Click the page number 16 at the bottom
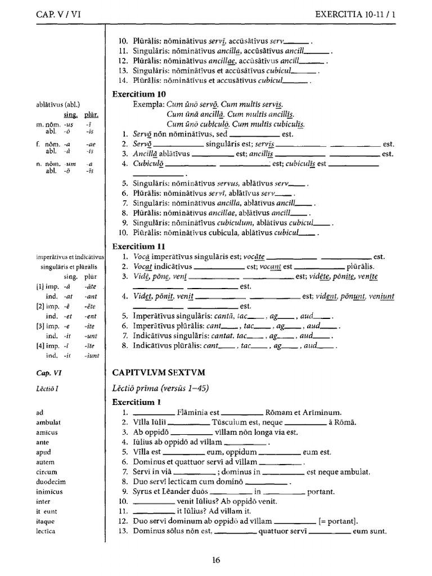(216, 559)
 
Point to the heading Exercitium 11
(138, 246)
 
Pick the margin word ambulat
(48, 422)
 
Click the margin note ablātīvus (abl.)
(58, 104)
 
